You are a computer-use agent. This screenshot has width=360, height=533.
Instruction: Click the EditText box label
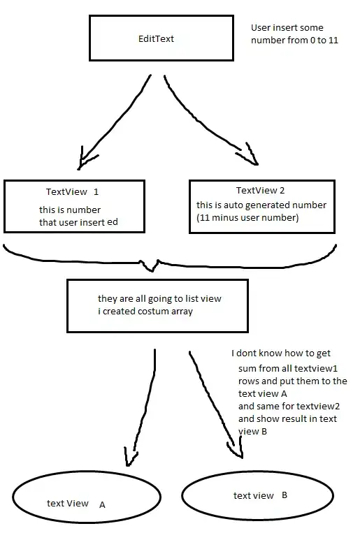click(155, 39)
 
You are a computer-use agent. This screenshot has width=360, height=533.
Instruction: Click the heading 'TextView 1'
click(73, 191)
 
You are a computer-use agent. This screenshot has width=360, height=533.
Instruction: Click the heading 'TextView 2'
click(260, 191)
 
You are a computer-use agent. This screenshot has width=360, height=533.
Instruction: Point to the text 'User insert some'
click(287, 28)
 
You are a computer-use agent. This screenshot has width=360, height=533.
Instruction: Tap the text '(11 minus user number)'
click(247, 217)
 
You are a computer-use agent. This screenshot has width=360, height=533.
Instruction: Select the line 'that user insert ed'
click(81, 223)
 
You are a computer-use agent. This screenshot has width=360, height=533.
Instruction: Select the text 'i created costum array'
click(145, 312)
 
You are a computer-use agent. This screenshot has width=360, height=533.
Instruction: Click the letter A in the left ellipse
click(102, 504)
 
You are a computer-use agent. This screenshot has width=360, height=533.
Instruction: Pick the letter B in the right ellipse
click(285, 495)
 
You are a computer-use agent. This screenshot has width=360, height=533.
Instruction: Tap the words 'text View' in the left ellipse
click(68, 503)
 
